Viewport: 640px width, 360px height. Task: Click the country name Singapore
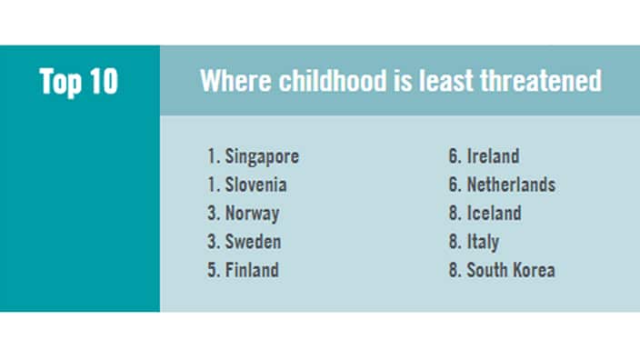tap(262, 157)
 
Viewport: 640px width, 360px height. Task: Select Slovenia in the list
tap(256, 185)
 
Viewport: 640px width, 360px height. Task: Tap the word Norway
tap(253, 214)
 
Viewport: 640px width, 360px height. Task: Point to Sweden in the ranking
tap(254, 242)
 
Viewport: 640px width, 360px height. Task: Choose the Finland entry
tap(253, 270)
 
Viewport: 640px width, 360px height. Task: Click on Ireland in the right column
tap(493, 157)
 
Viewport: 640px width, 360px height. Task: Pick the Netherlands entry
tap(511, 185)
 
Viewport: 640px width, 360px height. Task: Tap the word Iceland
tap(494, 214)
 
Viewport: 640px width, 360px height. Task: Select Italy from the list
tap(483, 242)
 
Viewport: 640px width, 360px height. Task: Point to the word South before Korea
tap(487, 270)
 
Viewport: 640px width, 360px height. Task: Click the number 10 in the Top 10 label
tap(102, 82)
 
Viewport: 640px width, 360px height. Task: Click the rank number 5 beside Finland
tap(211, 270)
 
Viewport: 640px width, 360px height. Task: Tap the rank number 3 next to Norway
tap(211, 214)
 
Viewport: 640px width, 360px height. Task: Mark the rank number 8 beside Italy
tap(452, 242)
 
